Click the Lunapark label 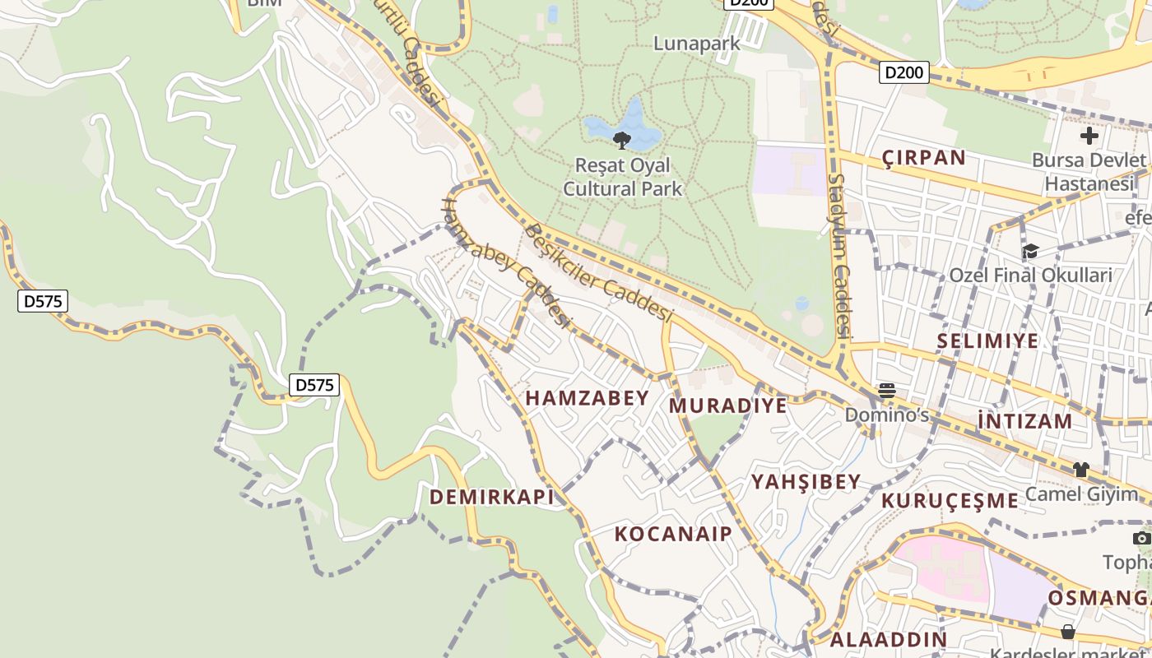tap(697, 44)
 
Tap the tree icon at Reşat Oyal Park tap(622, 140)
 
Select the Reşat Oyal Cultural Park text tap(622, 177)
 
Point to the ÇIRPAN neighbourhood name tap(923, 158)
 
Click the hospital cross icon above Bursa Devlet tap(1089, 136)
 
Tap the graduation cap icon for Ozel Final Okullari tap(1029, 251)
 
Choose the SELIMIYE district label tap(987, 341)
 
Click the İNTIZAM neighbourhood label tap(1025, 421)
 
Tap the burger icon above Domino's tap(886, 391)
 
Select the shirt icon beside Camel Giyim tap(1080, 470)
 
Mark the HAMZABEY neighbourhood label tap(588, 398)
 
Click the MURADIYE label tap(727, 405)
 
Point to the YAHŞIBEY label tap(806, 482)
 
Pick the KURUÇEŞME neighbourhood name tap(950, 500)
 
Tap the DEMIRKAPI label tap(491, 497)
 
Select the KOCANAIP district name tap(673, 534)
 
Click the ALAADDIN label tap(888, 639)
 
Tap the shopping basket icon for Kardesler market tap(1067, 632)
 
